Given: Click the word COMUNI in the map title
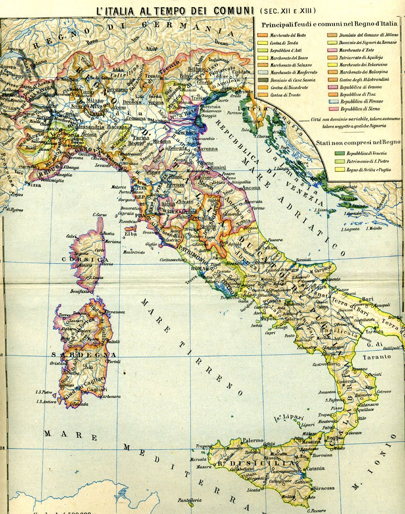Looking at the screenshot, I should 222,10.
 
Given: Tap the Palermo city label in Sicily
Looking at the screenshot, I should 253,440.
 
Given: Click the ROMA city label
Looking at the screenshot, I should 198,268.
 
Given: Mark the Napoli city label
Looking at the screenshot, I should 268,318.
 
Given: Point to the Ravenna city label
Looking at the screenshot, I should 207,149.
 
